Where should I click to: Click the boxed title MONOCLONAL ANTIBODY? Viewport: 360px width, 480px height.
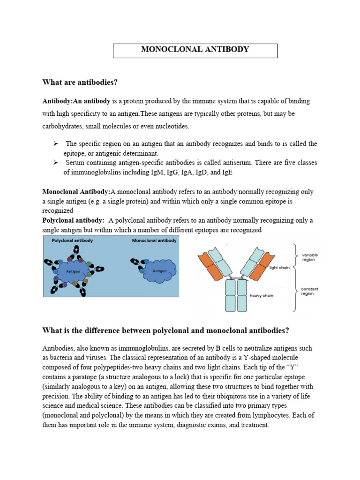[x=195, y=50]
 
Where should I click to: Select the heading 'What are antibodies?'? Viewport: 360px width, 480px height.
[x=80, y=82]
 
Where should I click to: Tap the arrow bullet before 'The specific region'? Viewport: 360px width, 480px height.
[x=55, y=143]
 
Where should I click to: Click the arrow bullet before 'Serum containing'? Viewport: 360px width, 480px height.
[x=55, y=162]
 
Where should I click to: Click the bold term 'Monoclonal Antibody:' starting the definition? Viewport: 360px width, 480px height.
[x=76, y=192]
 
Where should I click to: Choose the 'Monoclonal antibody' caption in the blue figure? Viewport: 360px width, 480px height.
[x=154, y=240]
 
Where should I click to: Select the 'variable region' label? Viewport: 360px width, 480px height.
[x=309, y=257]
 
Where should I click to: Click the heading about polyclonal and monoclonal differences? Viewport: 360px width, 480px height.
[x=165, y=330]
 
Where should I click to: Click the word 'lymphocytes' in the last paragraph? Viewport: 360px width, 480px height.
[x=293, y=415]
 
